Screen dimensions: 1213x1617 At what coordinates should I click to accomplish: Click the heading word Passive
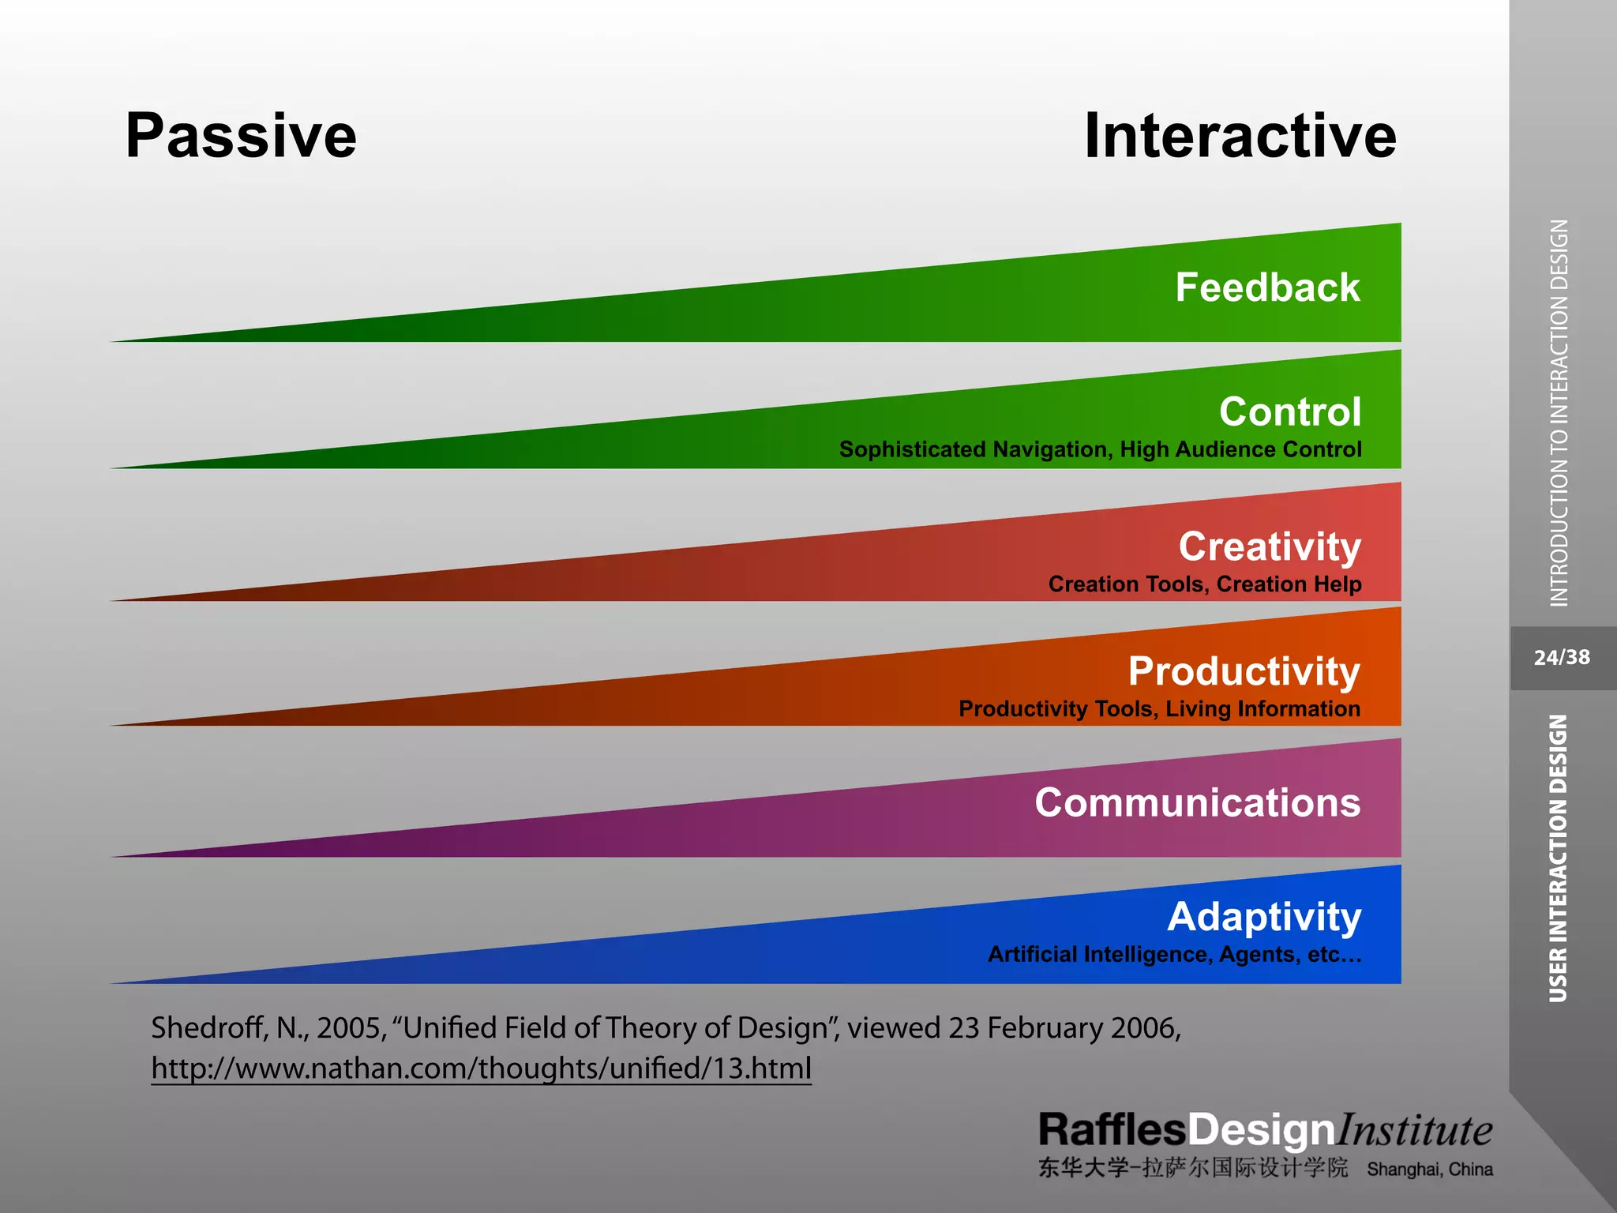click(x=241, y=136)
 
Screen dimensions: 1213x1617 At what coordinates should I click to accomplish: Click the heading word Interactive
click(x=1240, y=136)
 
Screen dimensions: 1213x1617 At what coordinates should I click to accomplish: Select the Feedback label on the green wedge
click(x=1267, y=287)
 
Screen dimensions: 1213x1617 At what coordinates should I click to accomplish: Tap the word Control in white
click(x=1290, y=411)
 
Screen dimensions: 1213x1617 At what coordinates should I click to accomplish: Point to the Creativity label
click(x=1270, y=546)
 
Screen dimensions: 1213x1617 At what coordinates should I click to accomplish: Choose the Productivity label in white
click(x=1244, y=671)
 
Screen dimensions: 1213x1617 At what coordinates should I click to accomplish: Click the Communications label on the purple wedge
click(x=1198, y=802)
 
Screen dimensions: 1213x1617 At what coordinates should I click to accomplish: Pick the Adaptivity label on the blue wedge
click(x=1264, y=917)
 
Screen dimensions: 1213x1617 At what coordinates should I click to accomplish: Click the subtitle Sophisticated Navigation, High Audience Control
click(x=1100, y=449)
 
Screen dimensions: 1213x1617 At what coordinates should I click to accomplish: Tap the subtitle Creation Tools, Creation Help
click(x=1205, y=584)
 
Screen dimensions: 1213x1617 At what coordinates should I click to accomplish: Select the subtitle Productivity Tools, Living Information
click(x=1159, y=708)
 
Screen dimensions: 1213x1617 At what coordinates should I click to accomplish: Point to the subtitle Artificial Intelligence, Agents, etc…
click(x=1175, y=954)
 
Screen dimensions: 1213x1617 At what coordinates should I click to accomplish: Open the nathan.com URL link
click(x=481, y=1068)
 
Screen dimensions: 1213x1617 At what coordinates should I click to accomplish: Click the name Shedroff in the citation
click(x=208, y=1027)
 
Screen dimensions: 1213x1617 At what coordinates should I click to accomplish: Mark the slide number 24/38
click(x=1562, y=658)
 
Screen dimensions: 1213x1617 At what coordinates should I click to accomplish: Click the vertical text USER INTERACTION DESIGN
click(x=1558, y=858)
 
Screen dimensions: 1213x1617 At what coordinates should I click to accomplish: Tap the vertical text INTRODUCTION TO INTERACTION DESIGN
click(x=1559, y=413)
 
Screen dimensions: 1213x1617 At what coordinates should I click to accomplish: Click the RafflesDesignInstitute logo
click(x=1265, y=1130)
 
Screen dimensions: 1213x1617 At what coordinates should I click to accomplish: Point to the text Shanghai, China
click(x=1430, y=1170)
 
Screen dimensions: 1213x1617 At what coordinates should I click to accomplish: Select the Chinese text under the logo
click(x=1193, y=1168)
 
